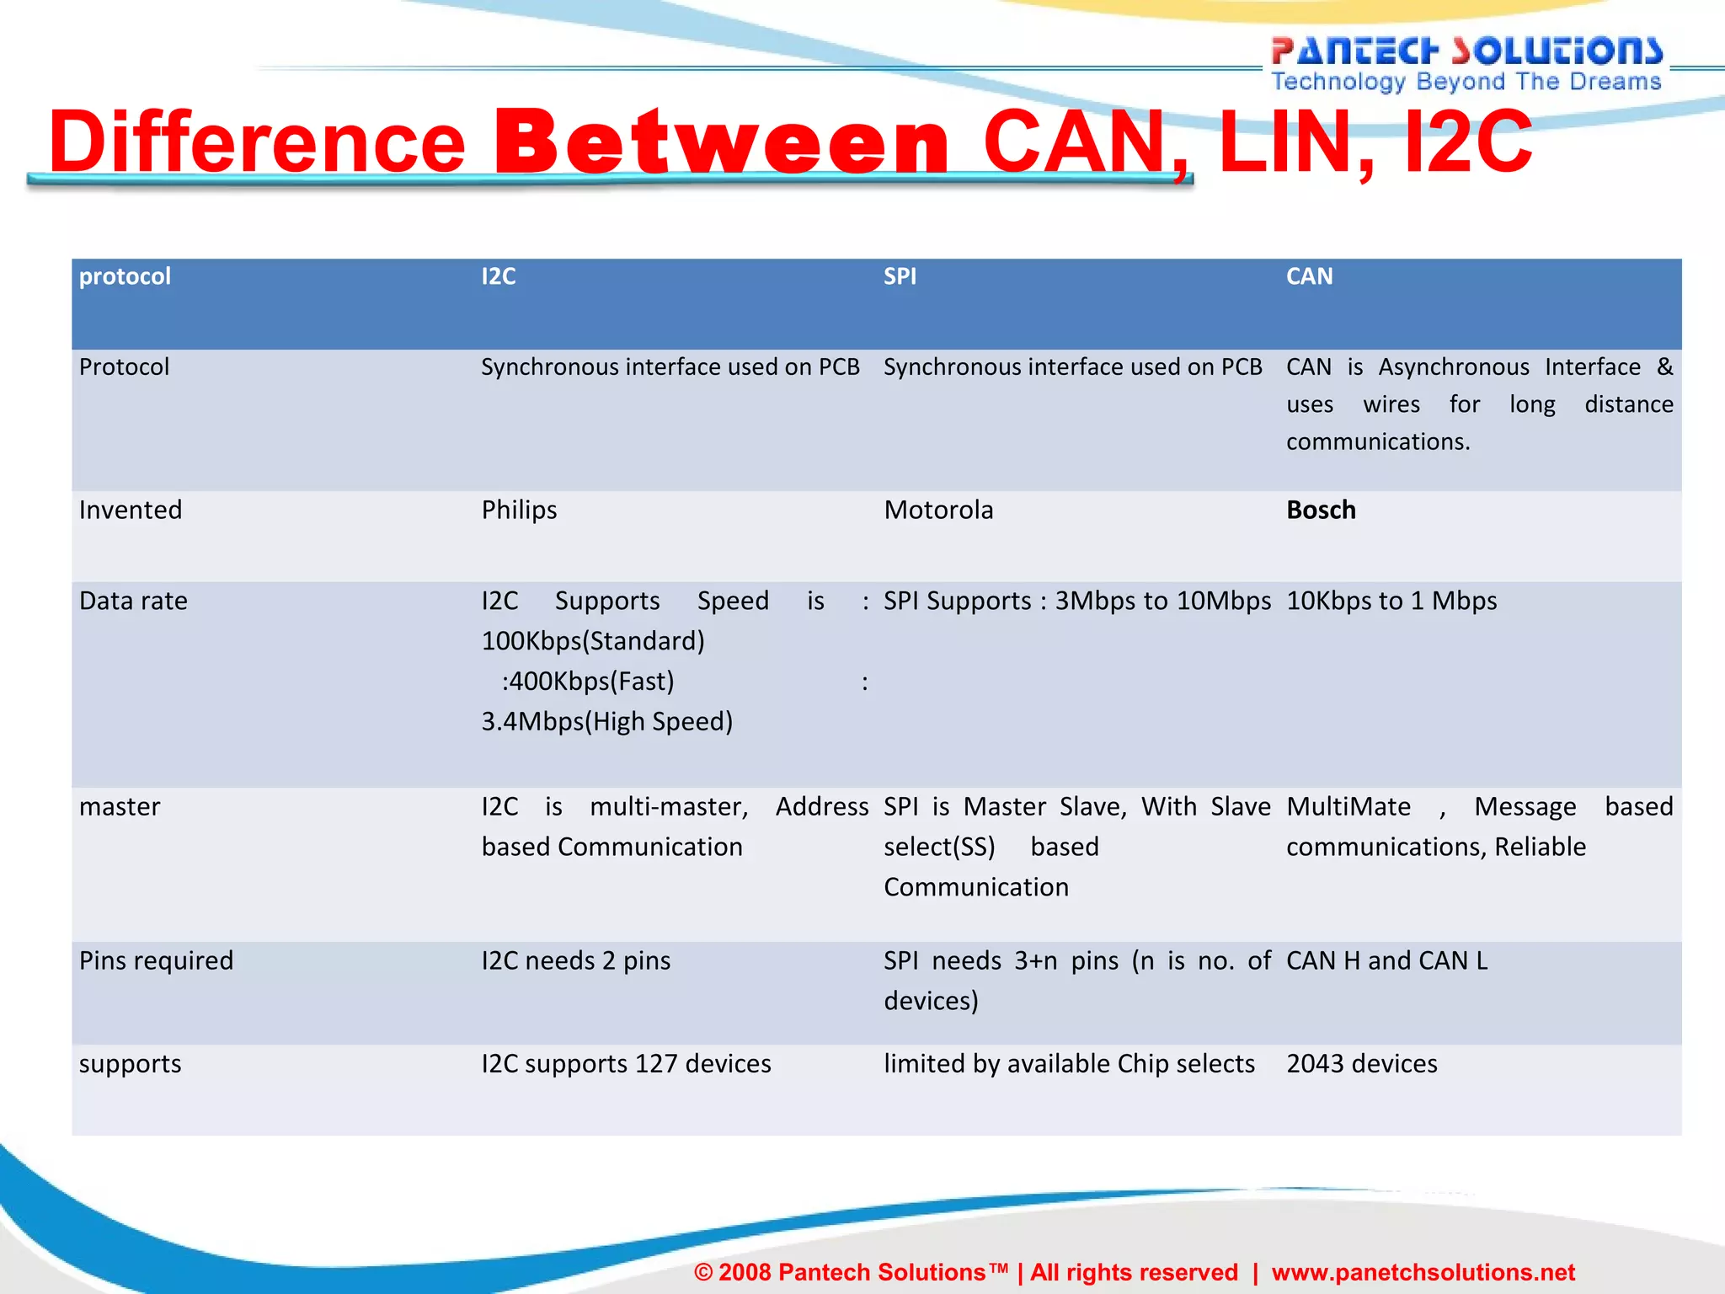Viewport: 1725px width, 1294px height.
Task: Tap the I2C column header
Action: (499, 276)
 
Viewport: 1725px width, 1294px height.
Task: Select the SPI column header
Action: (900, 276)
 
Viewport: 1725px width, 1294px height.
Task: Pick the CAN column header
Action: (1309, 276)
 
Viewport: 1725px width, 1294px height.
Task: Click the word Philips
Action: (519, 511)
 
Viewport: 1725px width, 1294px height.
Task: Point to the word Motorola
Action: (938, 511)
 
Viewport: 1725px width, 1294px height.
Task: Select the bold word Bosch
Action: (1321, 511)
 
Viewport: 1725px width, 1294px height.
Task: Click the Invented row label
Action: (131, 511)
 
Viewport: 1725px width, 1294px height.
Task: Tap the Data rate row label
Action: (133, 602)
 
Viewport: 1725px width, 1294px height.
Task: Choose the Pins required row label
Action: (156, 961)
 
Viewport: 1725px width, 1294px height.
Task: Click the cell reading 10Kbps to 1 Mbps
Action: (1391, 602)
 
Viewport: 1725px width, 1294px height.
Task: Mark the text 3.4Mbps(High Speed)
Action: (606, 722)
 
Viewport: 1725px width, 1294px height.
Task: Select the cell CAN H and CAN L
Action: (1386, 961)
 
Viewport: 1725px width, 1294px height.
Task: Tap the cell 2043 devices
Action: (1361, 1064)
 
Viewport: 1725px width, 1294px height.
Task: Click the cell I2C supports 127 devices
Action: (626, 1064)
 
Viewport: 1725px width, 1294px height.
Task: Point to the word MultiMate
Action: (1348, 807)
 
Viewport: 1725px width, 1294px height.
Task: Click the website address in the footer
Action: (1423, 1272)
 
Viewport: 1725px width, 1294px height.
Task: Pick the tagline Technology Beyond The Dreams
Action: (1466, 82)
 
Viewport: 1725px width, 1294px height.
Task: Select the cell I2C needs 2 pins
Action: (576, 961)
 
